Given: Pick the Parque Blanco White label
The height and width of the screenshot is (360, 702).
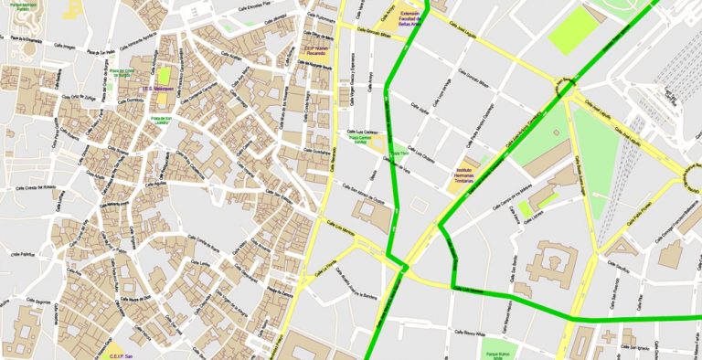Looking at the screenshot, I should tap(498, 354).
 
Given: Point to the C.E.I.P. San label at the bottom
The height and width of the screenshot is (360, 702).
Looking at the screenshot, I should tap(122, 355).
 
